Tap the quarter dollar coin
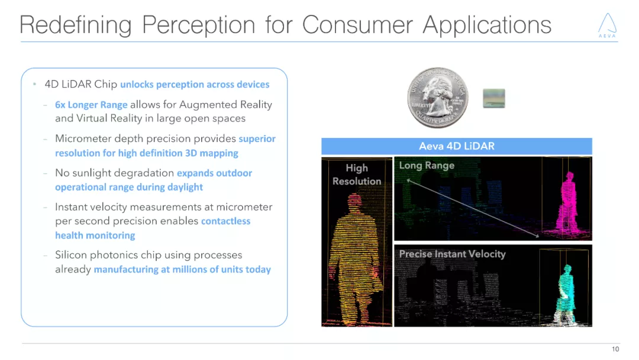tap(437, 96)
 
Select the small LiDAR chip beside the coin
tap(493, 98)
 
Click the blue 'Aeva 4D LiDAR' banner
tap(456, 146)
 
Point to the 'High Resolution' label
tap(357, 175)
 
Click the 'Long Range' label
tap(427, 165)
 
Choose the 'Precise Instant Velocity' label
tap(452, 254)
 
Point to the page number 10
tap(615, 349)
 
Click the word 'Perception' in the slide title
tap(198, 25)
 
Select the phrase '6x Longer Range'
tap(91, 105)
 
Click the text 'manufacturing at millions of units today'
tap(182, 269)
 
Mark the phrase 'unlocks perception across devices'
tap(195, 85)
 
